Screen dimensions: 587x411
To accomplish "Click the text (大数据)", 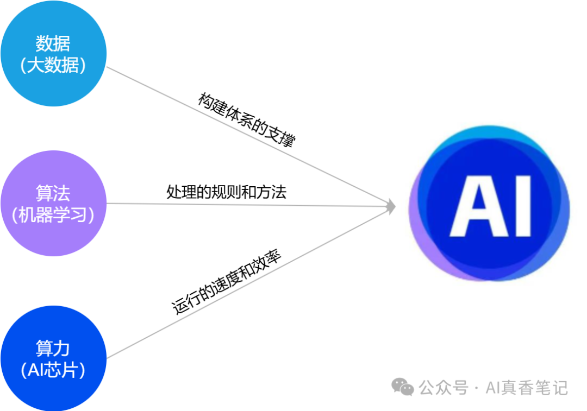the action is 53,65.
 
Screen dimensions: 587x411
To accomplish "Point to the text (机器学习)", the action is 53,215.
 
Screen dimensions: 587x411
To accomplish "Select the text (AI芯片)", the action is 53,370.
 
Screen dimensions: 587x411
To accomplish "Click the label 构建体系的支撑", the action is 246,120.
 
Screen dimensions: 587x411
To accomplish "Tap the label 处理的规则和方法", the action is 226,192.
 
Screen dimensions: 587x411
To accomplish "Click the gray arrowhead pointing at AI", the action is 390,206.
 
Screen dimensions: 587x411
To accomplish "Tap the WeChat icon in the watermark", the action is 403,387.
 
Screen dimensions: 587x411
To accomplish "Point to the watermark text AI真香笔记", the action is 526,388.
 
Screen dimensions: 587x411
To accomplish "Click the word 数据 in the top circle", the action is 53,43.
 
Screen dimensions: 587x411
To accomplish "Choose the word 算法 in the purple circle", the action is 53,193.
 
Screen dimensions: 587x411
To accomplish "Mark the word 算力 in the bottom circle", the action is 53,348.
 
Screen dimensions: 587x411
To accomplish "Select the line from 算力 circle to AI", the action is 163,331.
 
